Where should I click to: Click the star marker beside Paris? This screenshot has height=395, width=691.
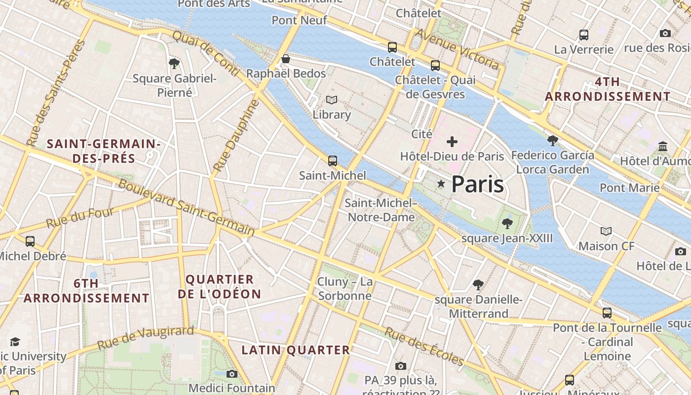click(x=441, y=184)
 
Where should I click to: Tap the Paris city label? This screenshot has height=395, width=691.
click(x=477, y=184)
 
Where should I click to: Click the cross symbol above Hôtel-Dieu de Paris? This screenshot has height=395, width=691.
click(x=452, y=142)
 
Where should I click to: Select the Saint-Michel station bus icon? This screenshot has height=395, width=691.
click(x=333, y=160)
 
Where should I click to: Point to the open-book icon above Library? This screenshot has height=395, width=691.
click(x=332, y=100)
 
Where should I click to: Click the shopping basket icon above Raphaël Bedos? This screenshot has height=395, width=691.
click(x=285, y=59)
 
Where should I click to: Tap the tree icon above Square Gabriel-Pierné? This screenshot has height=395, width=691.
click(x=174, y=63)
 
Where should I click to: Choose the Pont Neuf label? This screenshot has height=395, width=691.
click(x=300, y=20)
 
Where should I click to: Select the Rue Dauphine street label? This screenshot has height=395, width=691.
click(x=236, y=136)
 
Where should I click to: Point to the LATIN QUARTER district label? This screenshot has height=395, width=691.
click(x=295, y=350)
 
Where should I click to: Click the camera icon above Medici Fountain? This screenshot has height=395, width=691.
click(x=231, y=374)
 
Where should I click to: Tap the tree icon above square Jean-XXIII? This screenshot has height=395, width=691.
click(x=507, y=224)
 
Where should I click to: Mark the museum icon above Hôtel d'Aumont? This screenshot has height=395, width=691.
click(x=663, y=147)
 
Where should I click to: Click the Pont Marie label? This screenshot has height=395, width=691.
click(x=629, y=188)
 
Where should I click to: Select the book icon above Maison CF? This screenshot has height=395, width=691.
click(x=606, y=231)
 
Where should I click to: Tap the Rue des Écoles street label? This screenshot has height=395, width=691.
click(x=424, y=347)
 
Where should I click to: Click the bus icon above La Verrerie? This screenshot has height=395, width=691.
click(x=584, y=35)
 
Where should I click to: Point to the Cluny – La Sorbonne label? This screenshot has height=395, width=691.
click(x=345, y=289)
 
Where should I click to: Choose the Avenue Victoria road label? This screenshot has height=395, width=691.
click(x=457, y=48)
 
